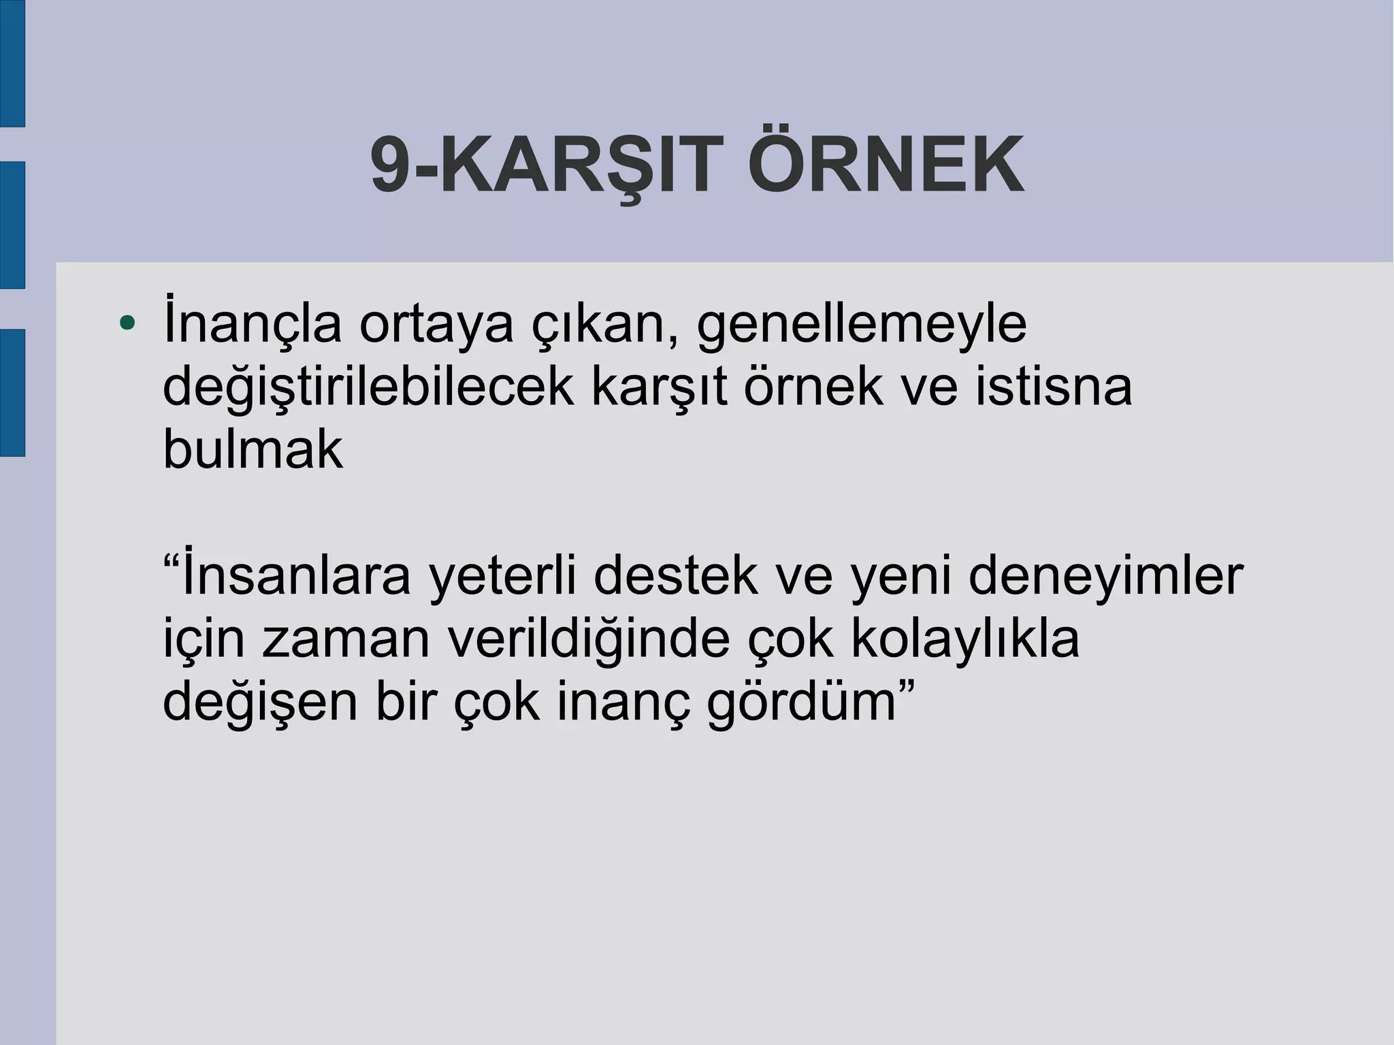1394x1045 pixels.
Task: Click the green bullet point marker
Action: (127, 322)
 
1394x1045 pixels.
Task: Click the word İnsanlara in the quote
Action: (296, 577)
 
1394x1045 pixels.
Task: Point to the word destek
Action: (675, 577)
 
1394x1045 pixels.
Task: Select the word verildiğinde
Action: (589, 641)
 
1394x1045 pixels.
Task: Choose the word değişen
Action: (259, 704)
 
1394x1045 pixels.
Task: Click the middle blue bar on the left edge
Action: (12, 225)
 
